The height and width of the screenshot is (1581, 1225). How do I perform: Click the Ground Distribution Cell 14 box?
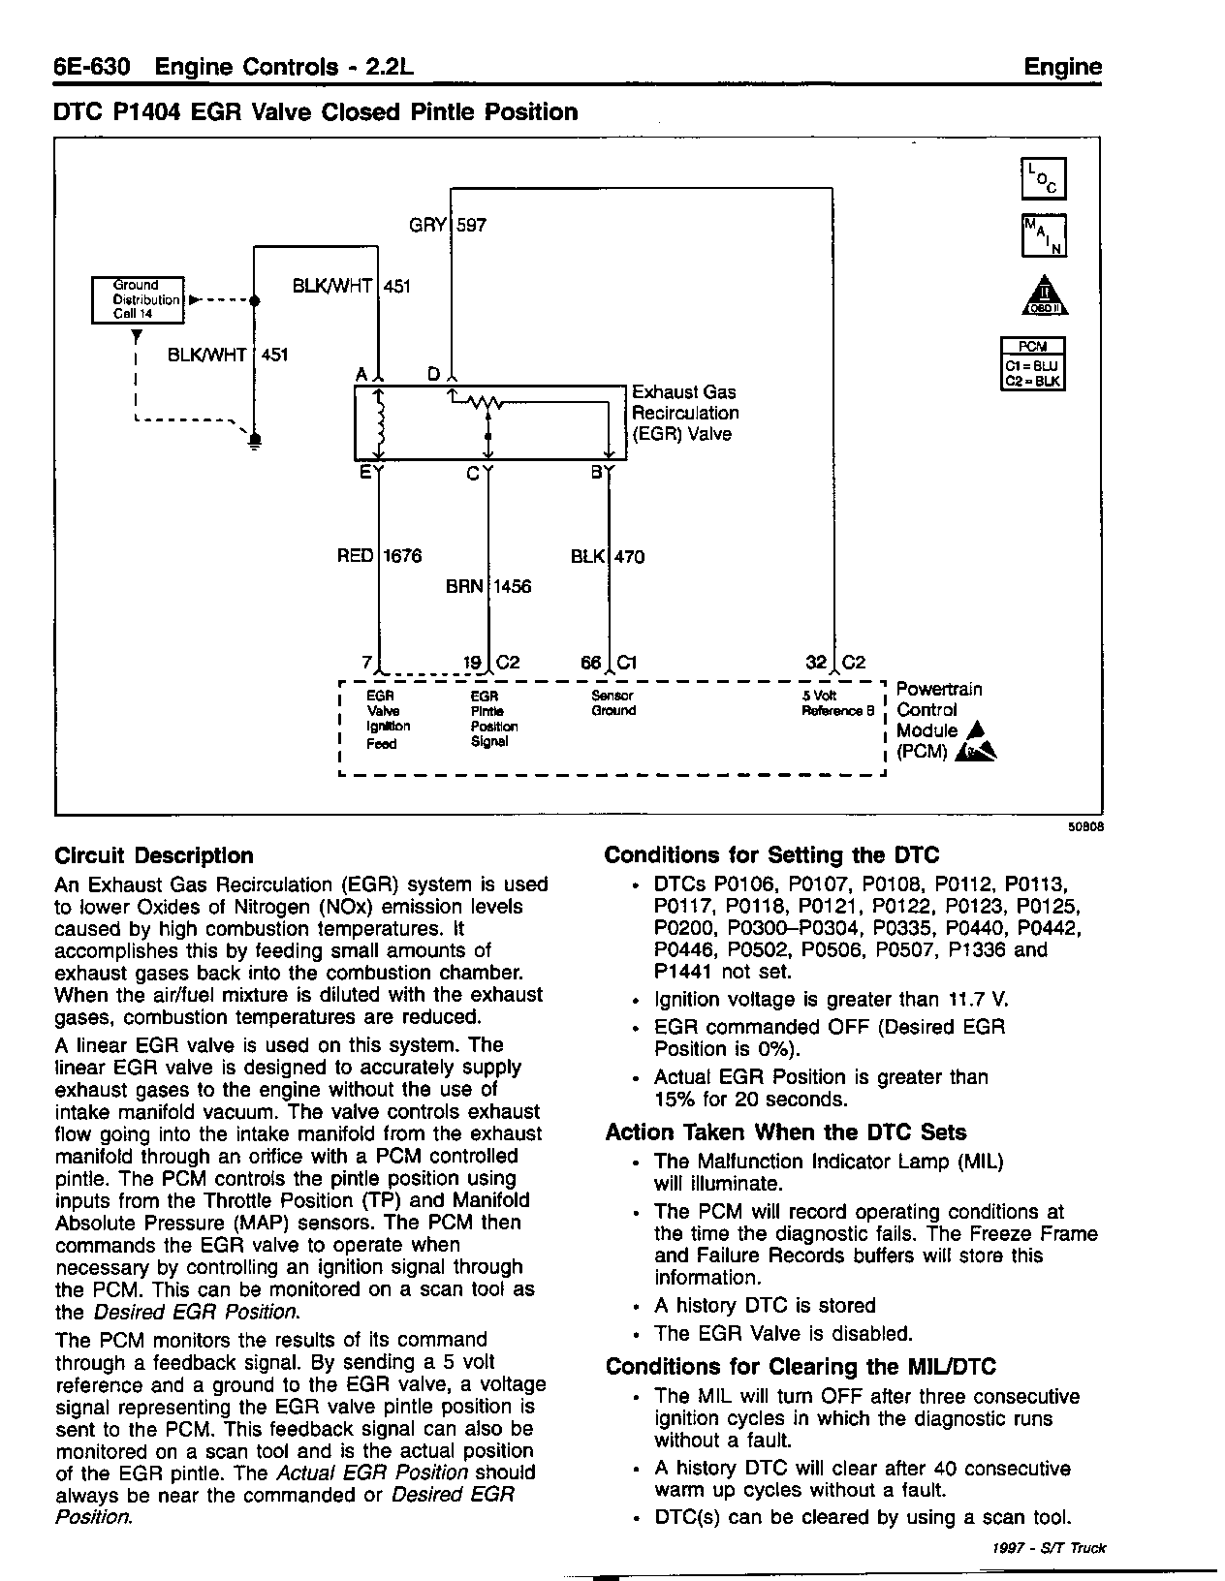pyautogui.click(x=137, y=299)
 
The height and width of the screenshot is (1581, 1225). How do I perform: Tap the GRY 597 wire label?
pyautogui.click(x=448, y=226)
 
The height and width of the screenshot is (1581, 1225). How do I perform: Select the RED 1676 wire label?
pyautogui.click(x=379, y=556)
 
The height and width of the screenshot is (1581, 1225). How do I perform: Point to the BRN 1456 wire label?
pyautogui.click(x=488, y=587)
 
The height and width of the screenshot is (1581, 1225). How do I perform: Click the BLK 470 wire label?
pyautogui.click(x=608, y=557)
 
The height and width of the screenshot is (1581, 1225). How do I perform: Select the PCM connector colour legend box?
pyautogui.click(x=1033, y=363)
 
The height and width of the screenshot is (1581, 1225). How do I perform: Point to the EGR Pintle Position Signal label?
pyautogui.click(x=493, y=719)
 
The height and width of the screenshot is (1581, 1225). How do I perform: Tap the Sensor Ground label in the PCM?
pyautogui.click(x=613, y=703)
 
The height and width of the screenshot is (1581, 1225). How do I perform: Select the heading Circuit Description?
pyautogui.click(x=154, y=855)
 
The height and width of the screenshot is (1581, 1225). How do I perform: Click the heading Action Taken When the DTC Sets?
pyautogui.click(x=786, y=1132)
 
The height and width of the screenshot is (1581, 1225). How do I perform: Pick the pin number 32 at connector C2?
pyautogui.click(x=816, y=663)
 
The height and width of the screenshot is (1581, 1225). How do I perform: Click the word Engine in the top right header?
pyautogui.click(x=1063, y=67)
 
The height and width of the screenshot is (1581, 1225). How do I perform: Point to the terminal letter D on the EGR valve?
pyautogui.click(x=434, y=374)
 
